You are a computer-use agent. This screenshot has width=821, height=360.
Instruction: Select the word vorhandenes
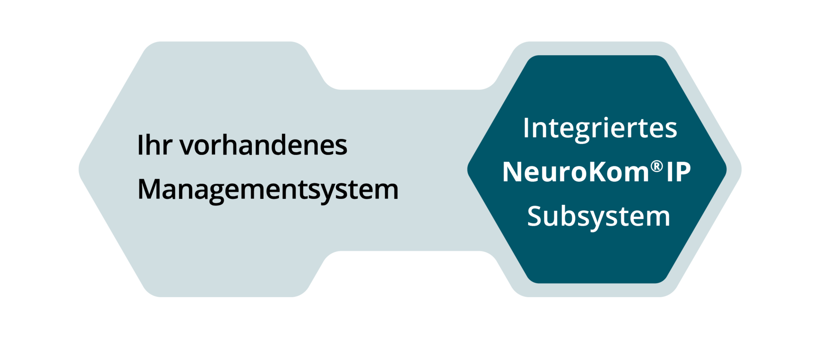263,145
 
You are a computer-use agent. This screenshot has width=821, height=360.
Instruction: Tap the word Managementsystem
268,190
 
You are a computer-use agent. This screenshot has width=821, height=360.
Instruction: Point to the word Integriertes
600,128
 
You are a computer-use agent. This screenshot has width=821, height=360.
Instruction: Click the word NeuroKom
576,172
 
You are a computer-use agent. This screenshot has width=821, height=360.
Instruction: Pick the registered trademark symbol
657,166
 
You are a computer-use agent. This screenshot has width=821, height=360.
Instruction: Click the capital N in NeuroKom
512,172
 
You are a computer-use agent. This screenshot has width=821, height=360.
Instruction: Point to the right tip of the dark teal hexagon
725,169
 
